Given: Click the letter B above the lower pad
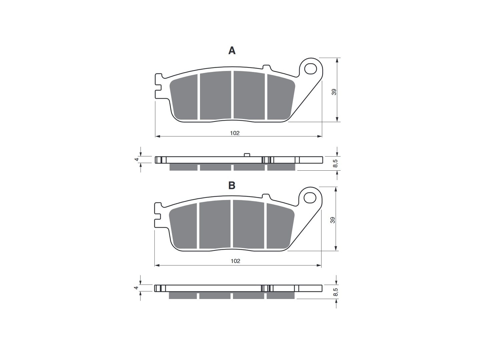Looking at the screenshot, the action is tap(232, 185).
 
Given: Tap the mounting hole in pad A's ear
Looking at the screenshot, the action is tap(311, 69).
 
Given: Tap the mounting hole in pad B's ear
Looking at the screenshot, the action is tap(310, 198).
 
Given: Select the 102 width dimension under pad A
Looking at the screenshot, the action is tap(235, 133).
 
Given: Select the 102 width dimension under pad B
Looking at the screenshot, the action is tap(236, 261).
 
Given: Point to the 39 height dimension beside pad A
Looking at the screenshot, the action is tap(334, 92).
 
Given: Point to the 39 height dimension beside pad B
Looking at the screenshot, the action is tap(333, 220).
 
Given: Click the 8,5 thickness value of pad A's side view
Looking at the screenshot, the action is tap(335, 163).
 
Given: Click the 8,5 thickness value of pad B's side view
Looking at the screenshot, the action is tap(335, 292).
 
